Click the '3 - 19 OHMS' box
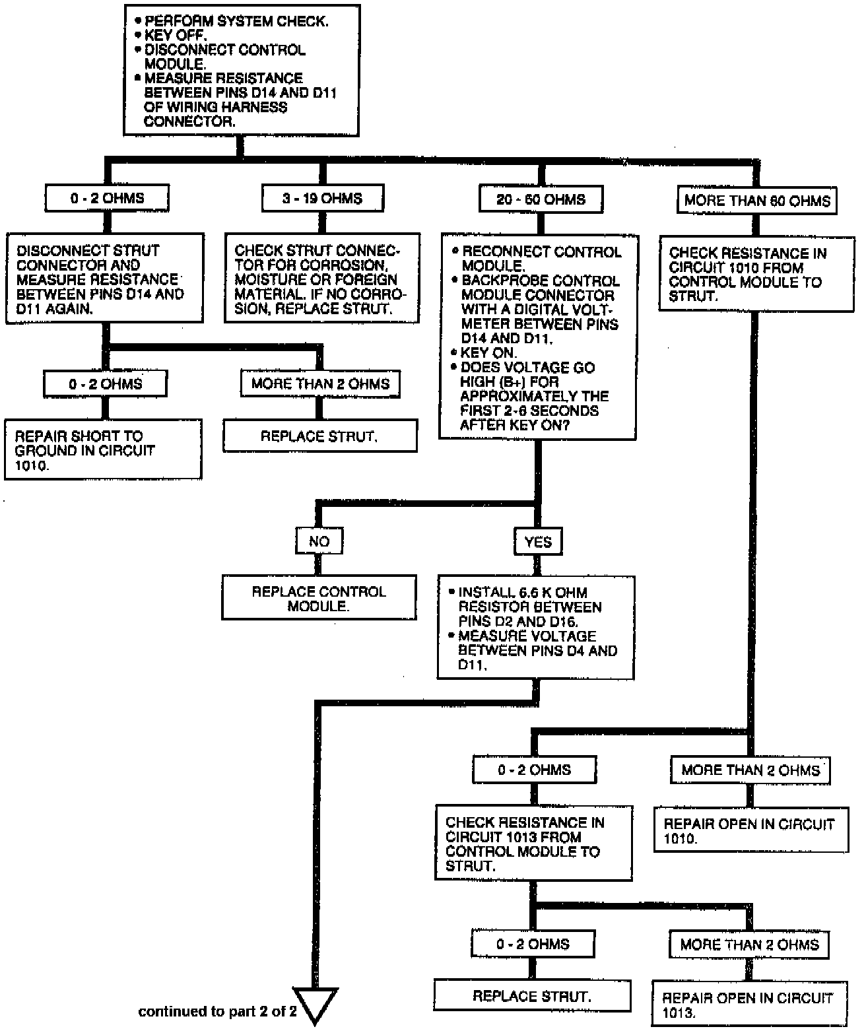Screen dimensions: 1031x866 click(x=322, y=198)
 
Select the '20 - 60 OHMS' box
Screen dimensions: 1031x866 click(x=541, y=199)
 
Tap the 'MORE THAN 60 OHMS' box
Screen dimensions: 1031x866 click(x=756, y=201)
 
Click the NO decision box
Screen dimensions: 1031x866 click(x=319, y=541)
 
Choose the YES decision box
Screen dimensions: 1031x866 click(x=538, y=542)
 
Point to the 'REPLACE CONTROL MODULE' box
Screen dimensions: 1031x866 click(x=319, y=598)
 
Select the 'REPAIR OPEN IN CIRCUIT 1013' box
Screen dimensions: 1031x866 click(x=750, y=1005)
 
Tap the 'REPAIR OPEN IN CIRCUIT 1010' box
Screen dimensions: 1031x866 click(x=750, y=830)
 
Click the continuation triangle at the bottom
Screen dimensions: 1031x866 click(x=316, y=1003)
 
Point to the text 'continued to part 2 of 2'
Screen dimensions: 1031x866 click(x=217, y=1011)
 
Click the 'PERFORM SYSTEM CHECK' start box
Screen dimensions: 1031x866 click(x=242, y=71)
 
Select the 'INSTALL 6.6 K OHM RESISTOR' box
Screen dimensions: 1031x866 click(x=535, y=628)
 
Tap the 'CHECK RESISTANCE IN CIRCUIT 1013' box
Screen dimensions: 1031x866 click(x=533, y=843)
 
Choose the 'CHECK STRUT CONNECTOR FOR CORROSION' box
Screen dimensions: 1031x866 click(x=322, y=278)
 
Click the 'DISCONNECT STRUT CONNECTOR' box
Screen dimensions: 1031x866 click(x=104, y=279)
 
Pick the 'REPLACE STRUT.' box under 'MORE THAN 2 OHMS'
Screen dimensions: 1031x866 click(x=319, y=436)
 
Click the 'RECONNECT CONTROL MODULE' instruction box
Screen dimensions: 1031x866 click(x=539, y=337)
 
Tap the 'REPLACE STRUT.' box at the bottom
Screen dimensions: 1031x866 click(x=532, y=996)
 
